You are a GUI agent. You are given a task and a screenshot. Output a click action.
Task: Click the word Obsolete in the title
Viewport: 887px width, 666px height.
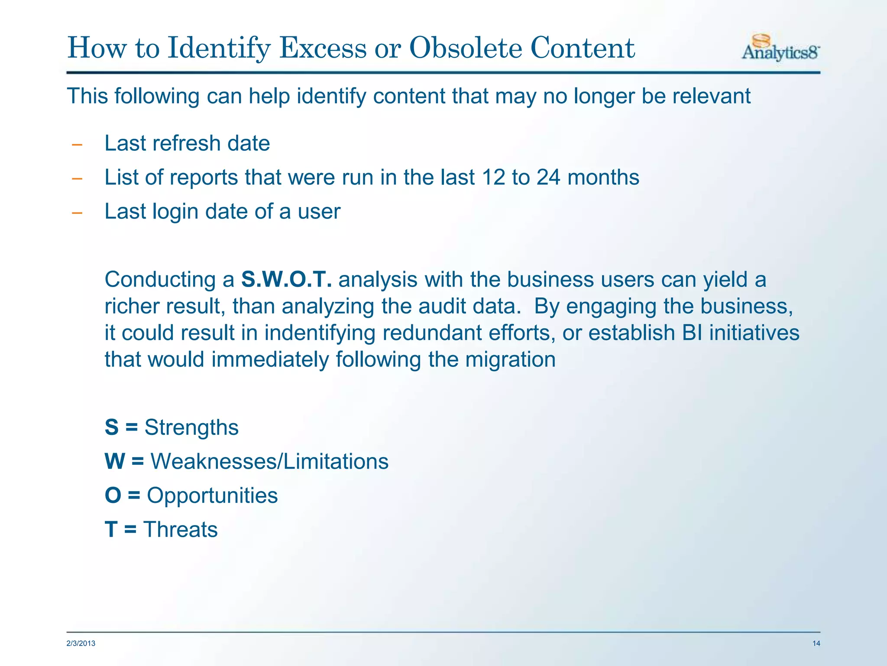466,48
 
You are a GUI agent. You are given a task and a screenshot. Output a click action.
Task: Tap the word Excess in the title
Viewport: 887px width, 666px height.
323,48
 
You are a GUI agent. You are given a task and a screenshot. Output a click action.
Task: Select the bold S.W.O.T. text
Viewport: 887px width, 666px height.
287,279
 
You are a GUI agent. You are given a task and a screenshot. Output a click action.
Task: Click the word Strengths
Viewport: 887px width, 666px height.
191,428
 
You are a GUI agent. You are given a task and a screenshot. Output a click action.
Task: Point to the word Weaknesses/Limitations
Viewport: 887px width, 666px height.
269,461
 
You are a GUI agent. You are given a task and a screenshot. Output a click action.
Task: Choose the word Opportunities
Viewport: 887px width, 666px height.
212,496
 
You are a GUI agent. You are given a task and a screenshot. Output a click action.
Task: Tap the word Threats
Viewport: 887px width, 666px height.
180,530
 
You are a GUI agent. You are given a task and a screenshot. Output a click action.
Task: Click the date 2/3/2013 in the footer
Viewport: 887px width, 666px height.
81,643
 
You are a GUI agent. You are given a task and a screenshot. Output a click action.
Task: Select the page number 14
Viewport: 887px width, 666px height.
816,643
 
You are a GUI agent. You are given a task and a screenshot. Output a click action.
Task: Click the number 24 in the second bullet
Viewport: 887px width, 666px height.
549,177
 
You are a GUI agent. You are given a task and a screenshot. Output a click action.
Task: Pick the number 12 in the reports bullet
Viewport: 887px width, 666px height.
493,177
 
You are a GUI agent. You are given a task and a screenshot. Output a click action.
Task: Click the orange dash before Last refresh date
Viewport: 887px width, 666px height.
77,145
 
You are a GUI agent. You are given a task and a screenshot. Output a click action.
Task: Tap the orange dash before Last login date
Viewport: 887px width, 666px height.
77,213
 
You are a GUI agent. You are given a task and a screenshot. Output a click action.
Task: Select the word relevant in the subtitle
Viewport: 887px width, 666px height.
712,96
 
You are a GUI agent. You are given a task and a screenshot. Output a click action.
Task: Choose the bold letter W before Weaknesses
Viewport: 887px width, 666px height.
115,461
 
